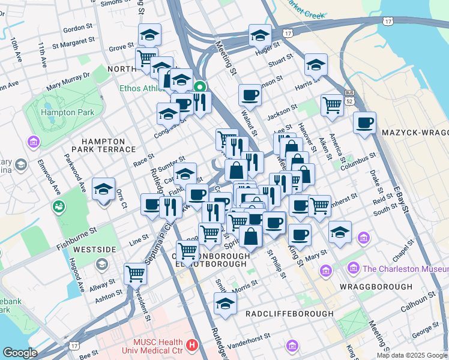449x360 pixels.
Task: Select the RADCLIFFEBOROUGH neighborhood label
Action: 289,313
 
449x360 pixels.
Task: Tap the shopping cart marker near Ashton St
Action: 136,274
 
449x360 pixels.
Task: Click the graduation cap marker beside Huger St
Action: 260,37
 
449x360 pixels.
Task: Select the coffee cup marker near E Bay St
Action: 364,123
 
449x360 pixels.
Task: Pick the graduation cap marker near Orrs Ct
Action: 103,189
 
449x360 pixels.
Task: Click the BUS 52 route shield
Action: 349,95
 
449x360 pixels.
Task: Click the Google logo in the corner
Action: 19,353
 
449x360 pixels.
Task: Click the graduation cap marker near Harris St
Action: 316,64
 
